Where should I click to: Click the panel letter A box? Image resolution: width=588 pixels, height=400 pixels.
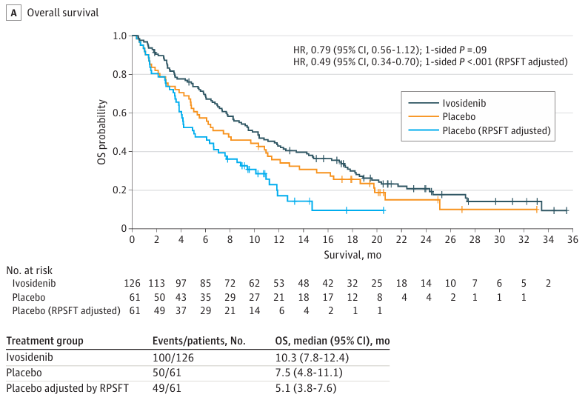click(12, 13)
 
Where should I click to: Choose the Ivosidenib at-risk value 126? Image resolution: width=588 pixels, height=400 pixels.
click(132, 283)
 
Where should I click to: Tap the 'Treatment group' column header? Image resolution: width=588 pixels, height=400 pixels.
click(44, 341)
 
